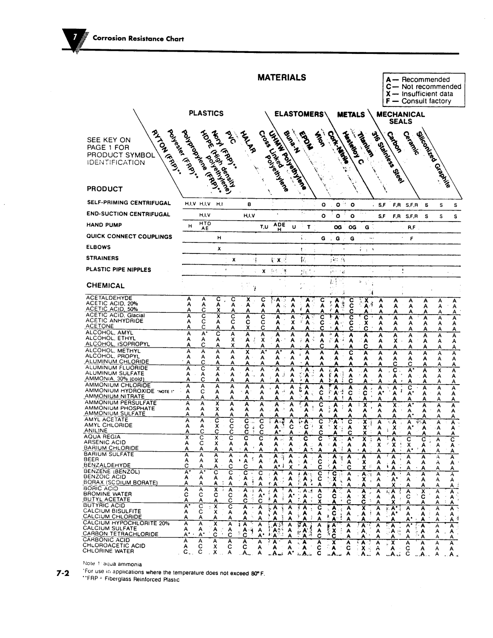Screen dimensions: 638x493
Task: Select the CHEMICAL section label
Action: tap(105, 285)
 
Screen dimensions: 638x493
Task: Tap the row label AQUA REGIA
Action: tap(101, 437)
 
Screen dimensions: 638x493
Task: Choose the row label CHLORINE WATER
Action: tap(107, 551)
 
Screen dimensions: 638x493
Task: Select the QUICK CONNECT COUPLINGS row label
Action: tap(129, 237)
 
